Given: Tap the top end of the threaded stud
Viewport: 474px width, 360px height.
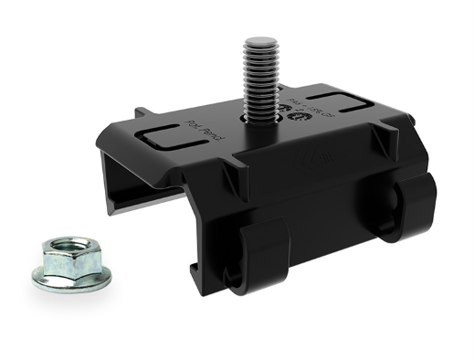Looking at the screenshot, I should (x=260, y=41).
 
